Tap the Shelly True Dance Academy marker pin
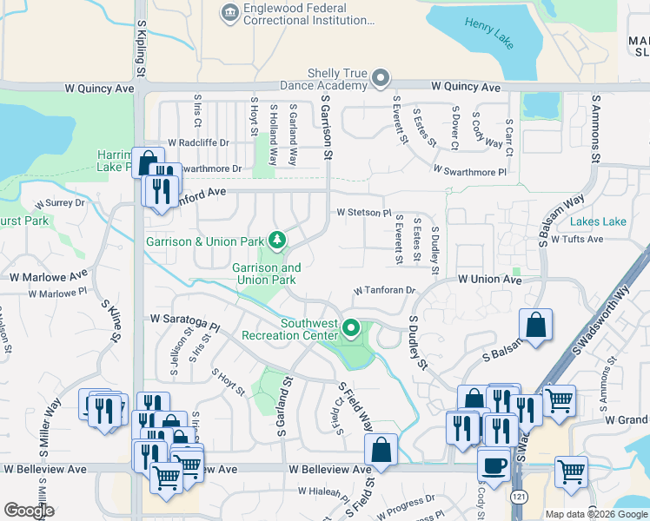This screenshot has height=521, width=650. tap(380, 79)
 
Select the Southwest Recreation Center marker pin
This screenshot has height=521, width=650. tap(351, 328)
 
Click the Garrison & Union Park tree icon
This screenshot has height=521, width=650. tap(277, 239)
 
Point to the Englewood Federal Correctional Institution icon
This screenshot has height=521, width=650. tap(229, 11)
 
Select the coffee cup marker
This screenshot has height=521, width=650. tap(494, 465)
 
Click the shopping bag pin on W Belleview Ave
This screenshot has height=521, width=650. tap(381, 451)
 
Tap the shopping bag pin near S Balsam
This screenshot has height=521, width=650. tap(536, 326)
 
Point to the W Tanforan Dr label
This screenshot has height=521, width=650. tap(385, 291)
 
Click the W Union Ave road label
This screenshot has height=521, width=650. tap(489, 280)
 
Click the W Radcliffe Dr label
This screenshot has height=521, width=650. tap(198, 142)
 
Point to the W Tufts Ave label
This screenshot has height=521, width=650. tap(576, 239)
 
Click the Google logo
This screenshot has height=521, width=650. tap(30, 511)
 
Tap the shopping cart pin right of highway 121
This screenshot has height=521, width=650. tap(571, 472)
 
